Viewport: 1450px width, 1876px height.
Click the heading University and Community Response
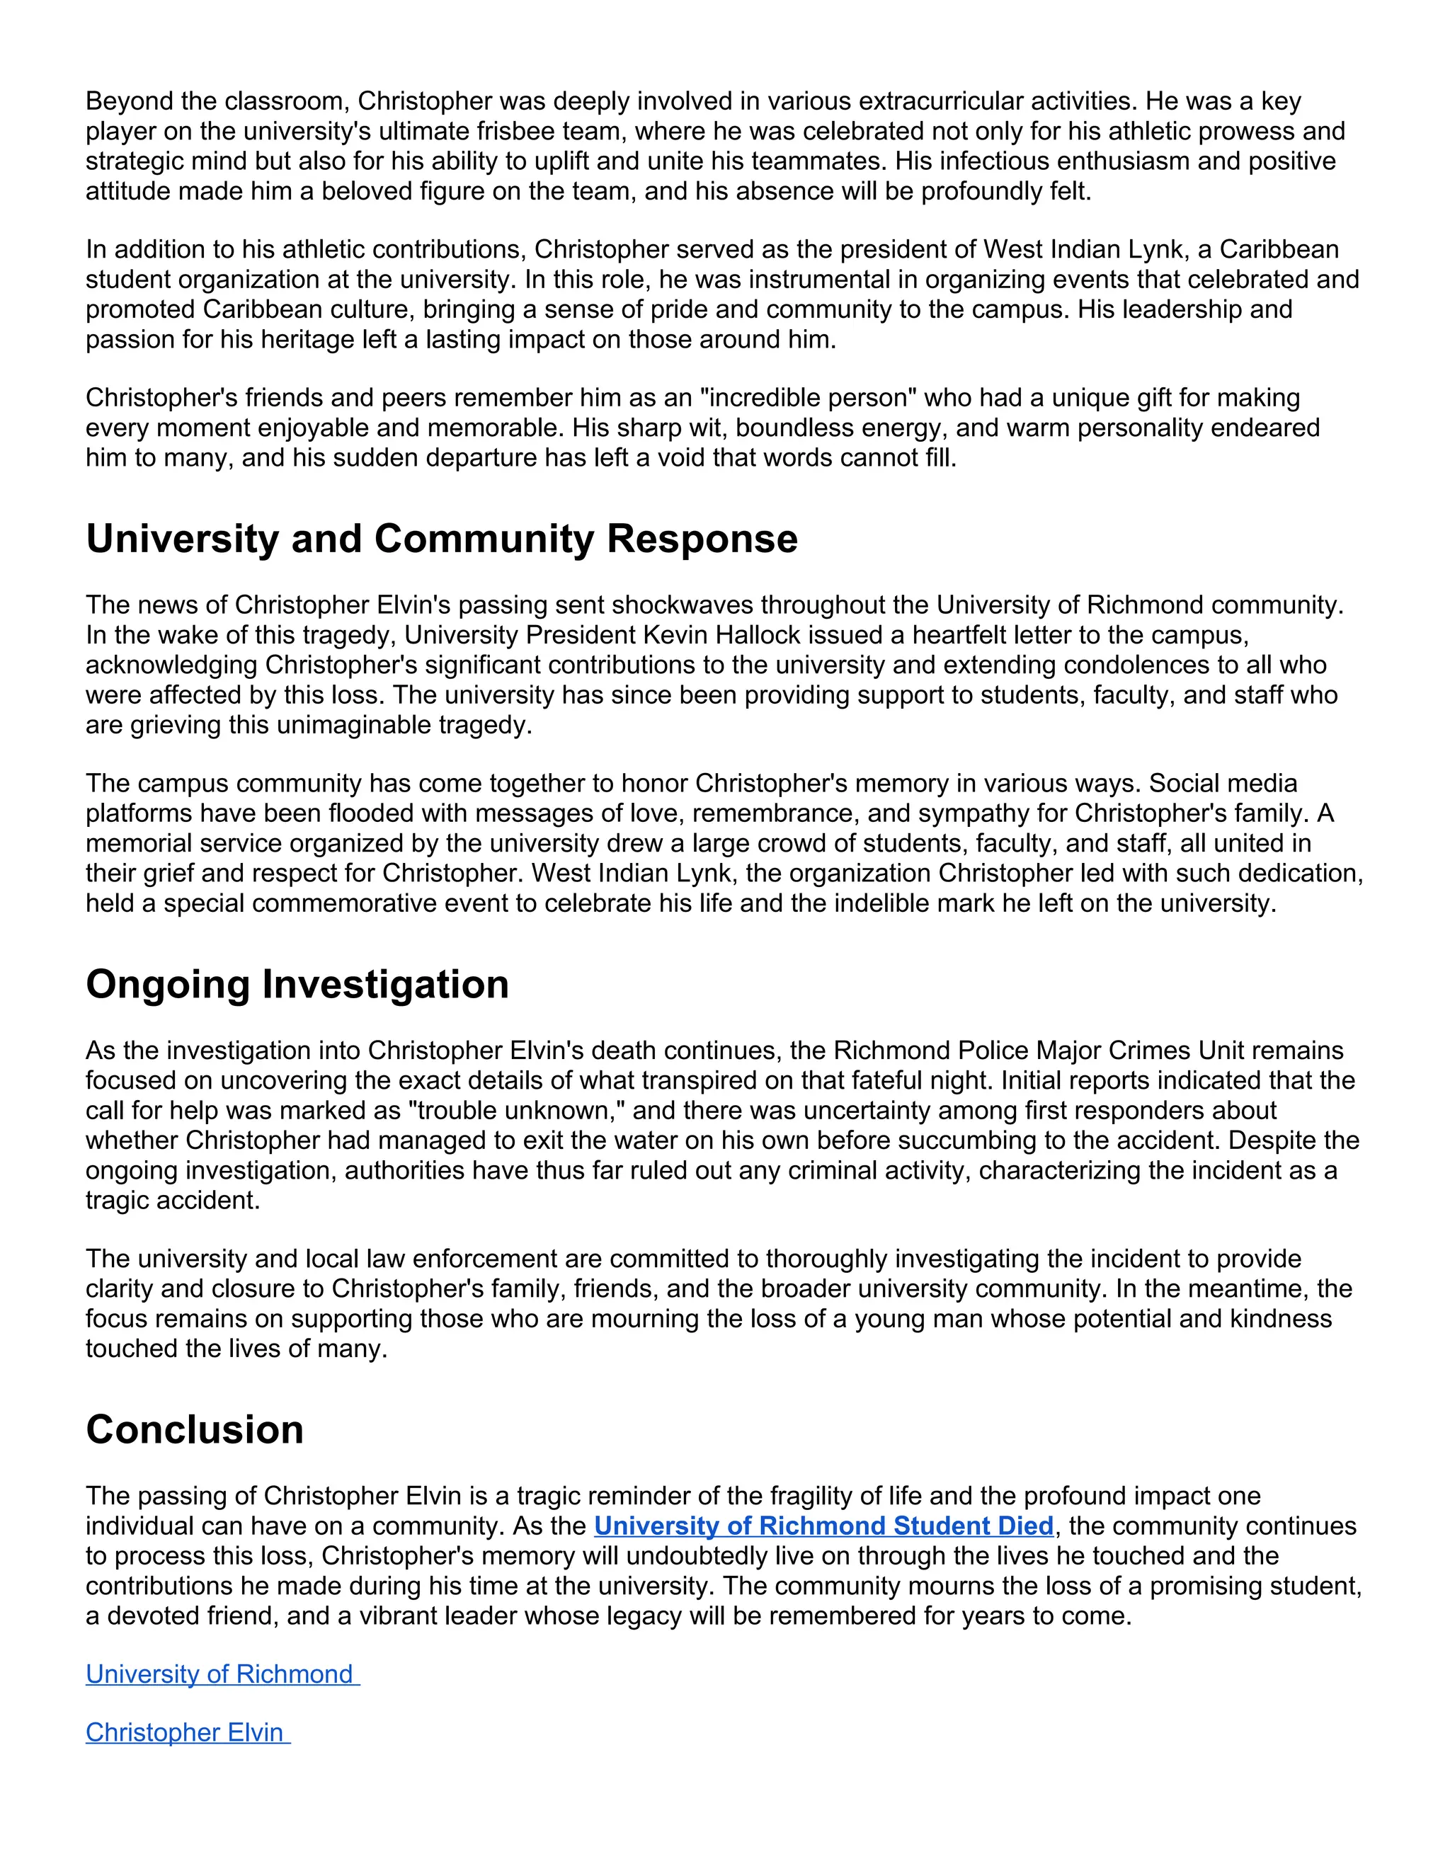(442, 539)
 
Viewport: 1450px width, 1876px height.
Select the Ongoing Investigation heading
(297, 985)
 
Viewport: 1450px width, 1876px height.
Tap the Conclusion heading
(195, 1430)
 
